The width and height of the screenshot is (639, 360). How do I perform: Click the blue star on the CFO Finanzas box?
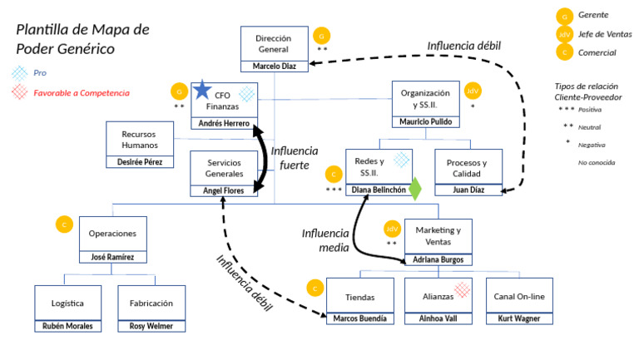(202, 91)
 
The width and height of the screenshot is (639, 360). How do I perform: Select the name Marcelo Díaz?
(274, 66)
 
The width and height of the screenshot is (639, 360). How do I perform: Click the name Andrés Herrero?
(224, 123)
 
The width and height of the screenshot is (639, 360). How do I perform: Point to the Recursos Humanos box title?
(139, 138)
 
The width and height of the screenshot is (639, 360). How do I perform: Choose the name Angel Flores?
(223, 190)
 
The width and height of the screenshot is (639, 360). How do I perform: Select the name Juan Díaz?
(468, 190)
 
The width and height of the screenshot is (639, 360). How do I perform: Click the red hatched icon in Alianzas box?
(462, 288)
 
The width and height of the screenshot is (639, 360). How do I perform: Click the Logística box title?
(67, 303)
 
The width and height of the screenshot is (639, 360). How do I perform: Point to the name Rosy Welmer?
(151, 326)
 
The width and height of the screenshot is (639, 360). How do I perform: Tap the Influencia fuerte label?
(295, 158)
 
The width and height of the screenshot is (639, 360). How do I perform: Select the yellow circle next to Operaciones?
(63, 224)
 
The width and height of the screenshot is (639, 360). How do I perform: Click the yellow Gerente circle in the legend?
(565, 16)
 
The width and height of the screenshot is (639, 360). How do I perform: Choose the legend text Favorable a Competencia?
(81, 93)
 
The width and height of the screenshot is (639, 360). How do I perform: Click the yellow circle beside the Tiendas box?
(315, 288)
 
